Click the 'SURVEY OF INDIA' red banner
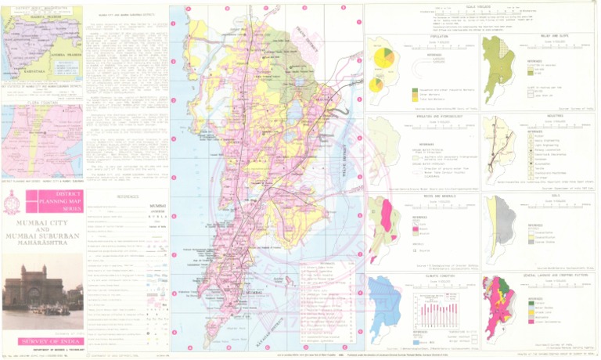[42, 340]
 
